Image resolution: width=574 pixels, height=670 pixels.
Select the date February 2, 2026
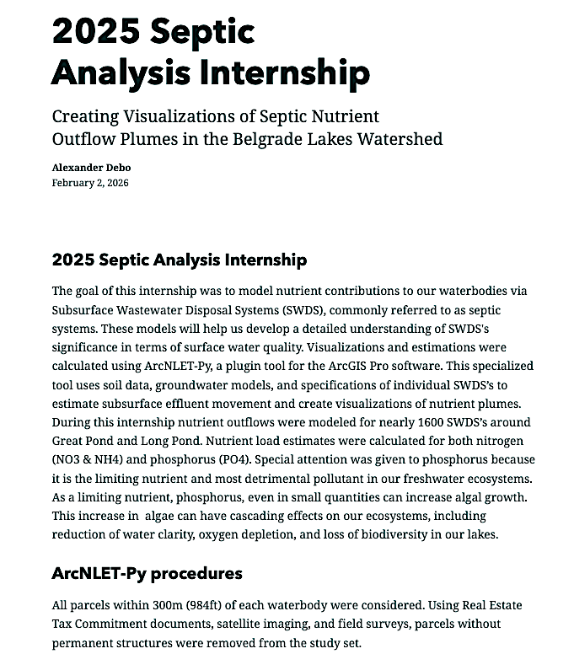pos(90,182)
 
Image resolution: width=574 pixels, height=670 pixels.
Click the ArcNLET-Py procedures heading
pos(147,573)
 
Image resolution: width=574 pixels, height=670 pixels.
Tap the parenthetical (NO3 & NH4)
pos(92,458)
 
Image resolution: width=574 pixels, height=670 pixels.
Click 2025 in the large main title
pos(93,32)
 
